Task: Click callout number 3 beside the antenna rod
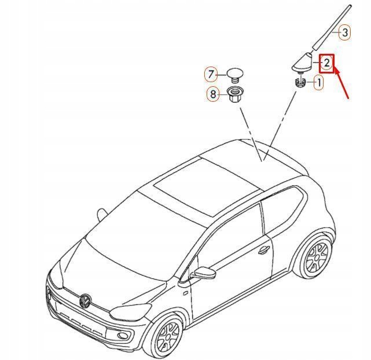(344, 32)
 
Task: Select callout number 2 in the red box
(326, 63)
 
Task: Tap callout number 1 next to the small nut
(319, 83)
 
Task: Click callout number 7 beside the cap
(211, 75)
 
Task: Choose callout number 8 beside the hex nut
(213, 94)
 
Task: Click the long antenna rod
(331, 27)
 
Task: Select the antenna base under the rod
(302, 63)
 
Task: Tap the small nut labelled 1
(300, 83)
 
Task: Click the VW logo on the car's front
(85, 300)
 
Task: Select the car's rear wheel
(315, 258)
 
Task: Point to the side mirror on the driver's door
(204, 273)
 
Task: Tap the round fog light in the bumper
(123, 335)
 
